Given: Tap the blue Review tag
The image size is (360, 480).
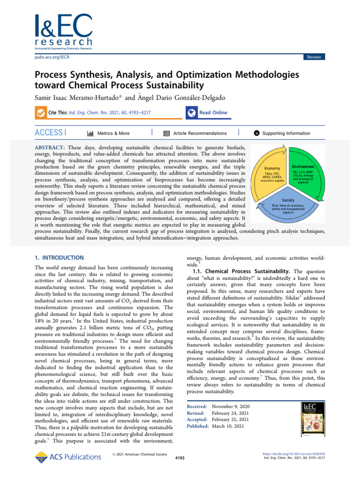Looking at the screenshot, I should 314,57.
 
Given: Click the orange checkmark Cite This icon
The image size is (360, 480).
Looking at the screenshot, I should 41,113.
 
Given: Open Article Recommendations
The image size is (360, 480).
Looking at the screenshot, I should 195,134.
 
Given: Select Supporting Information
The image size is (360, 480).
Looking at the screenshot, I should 281,134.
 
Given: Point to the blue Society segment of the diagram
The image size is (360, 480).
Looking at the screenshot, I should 289,207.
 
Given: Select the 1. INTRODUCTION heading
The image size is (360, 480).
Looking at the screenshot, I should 60,258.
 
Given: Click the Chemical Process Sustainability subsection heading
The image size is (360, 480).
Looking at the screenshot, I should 247,271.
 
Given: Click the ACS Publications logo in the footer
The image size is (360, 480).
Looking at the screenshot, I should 67,457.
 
